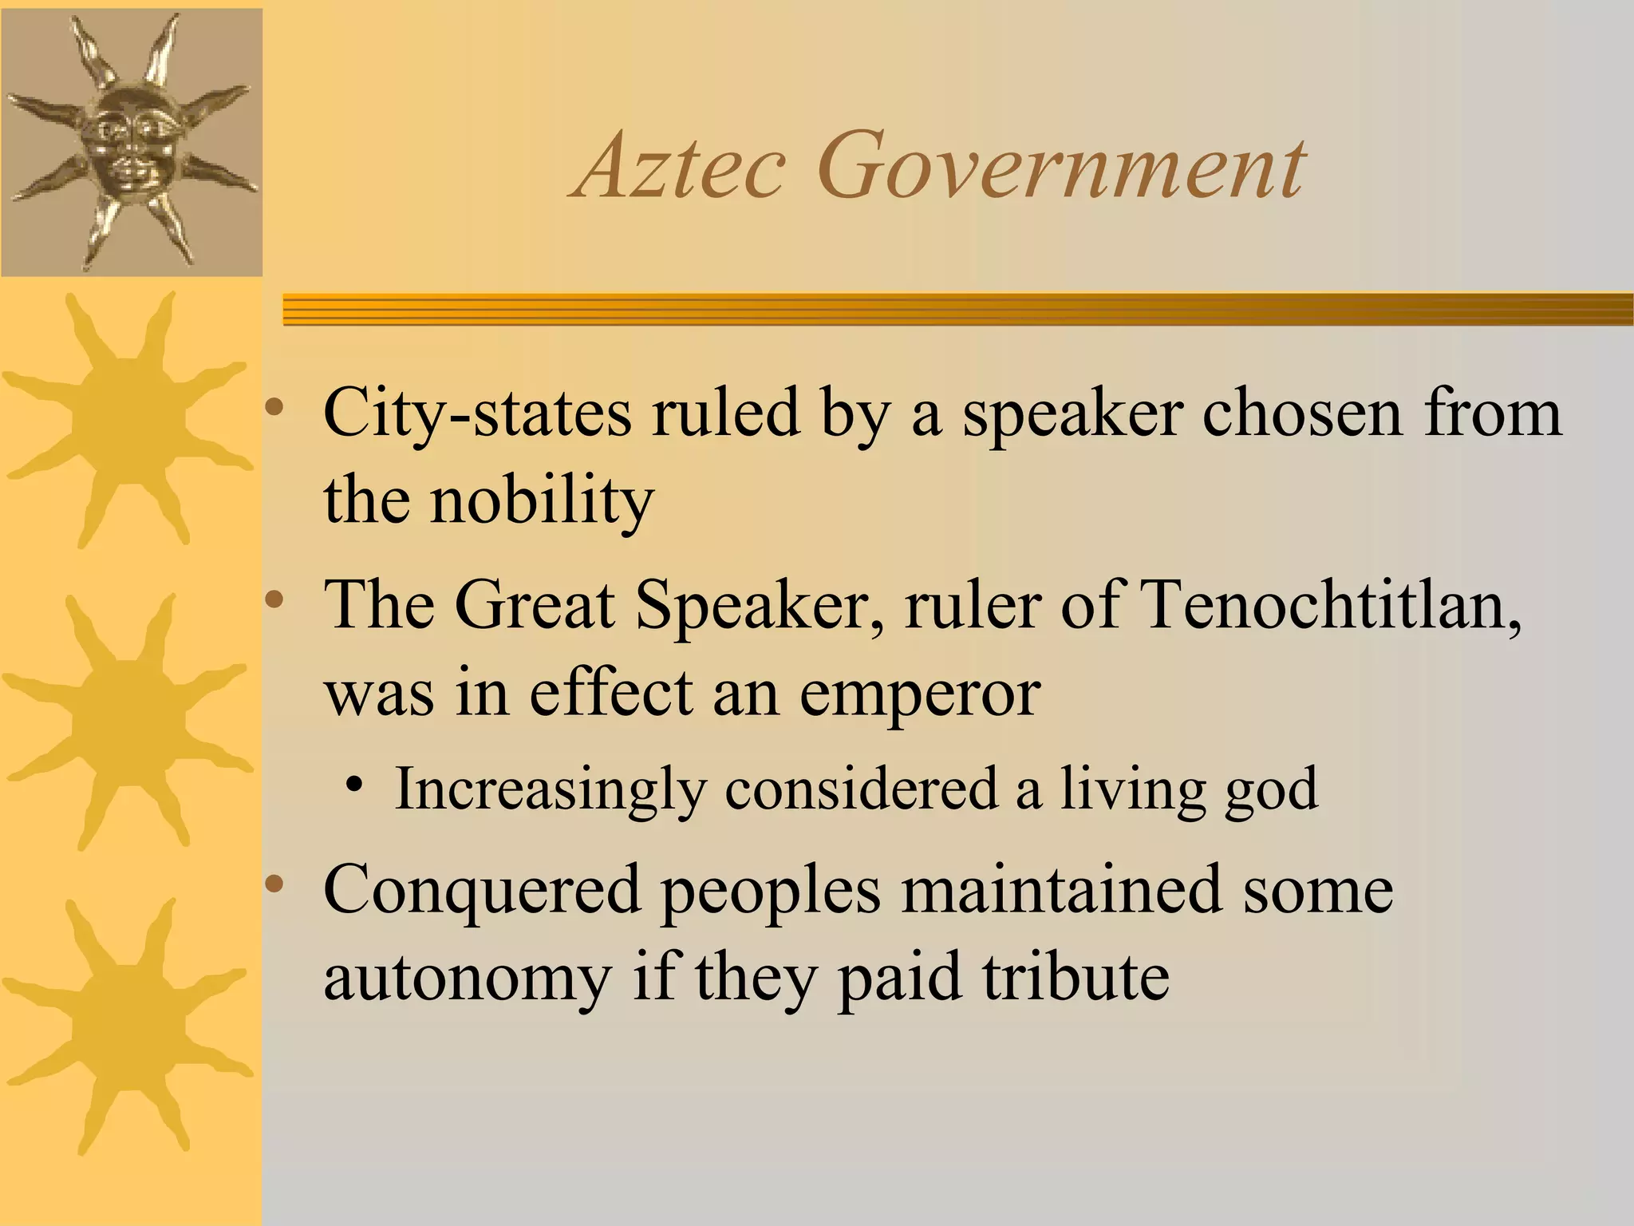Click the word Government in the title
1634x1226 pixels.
coord(1061,167)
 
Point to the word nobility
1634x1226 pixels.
coord(543,501)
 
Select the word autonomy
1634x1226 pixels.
coord(468,979)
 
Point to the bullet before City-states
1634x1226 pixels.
coord(274,408)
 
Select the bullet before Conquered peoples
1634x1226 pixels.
coord(274,884)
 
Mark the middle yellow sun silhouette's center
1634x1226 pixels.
coord(128,722)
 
